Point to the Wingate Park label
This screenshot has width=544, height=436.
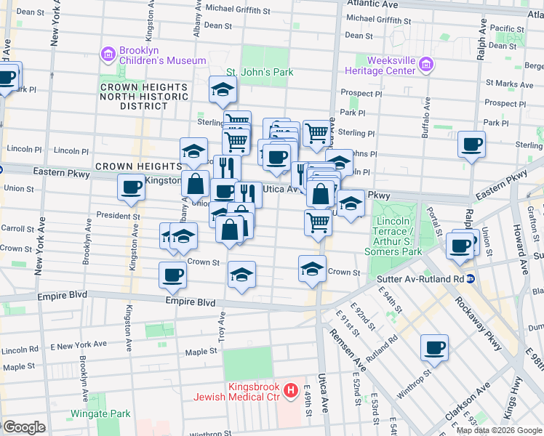pos(101,414)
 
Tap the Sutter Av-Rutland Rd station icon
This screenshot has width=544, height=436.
pos(471,278)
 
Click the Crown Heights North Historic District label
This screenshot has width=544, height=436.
pos(144,96)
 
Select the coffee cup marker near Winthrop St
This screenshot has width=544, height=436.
pos(435,347)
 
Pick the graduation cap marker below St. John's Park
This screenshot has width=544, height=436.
pos(223,90)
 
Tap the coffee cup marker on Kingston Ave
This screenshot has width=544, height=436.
pos(132,187)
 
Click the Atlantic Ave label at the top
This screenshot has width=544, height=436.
pos(377,4)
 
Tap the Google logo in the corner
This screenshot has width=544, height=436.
pos(23,427)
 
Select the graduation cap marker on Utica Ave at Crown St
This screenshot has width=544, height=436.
pos(312,269)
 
